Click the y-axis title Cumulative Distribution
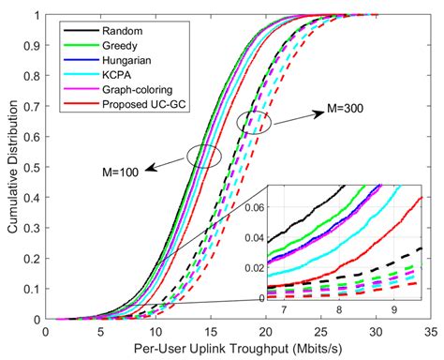[x=12, y=167]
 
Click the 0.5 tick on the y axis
[x=33, y=167]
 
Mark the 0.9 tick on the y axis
[x=33, y=45]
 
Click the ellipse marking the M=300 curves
[x=254, y=121]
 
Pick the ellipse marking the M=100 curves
[x=203, y=156]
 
